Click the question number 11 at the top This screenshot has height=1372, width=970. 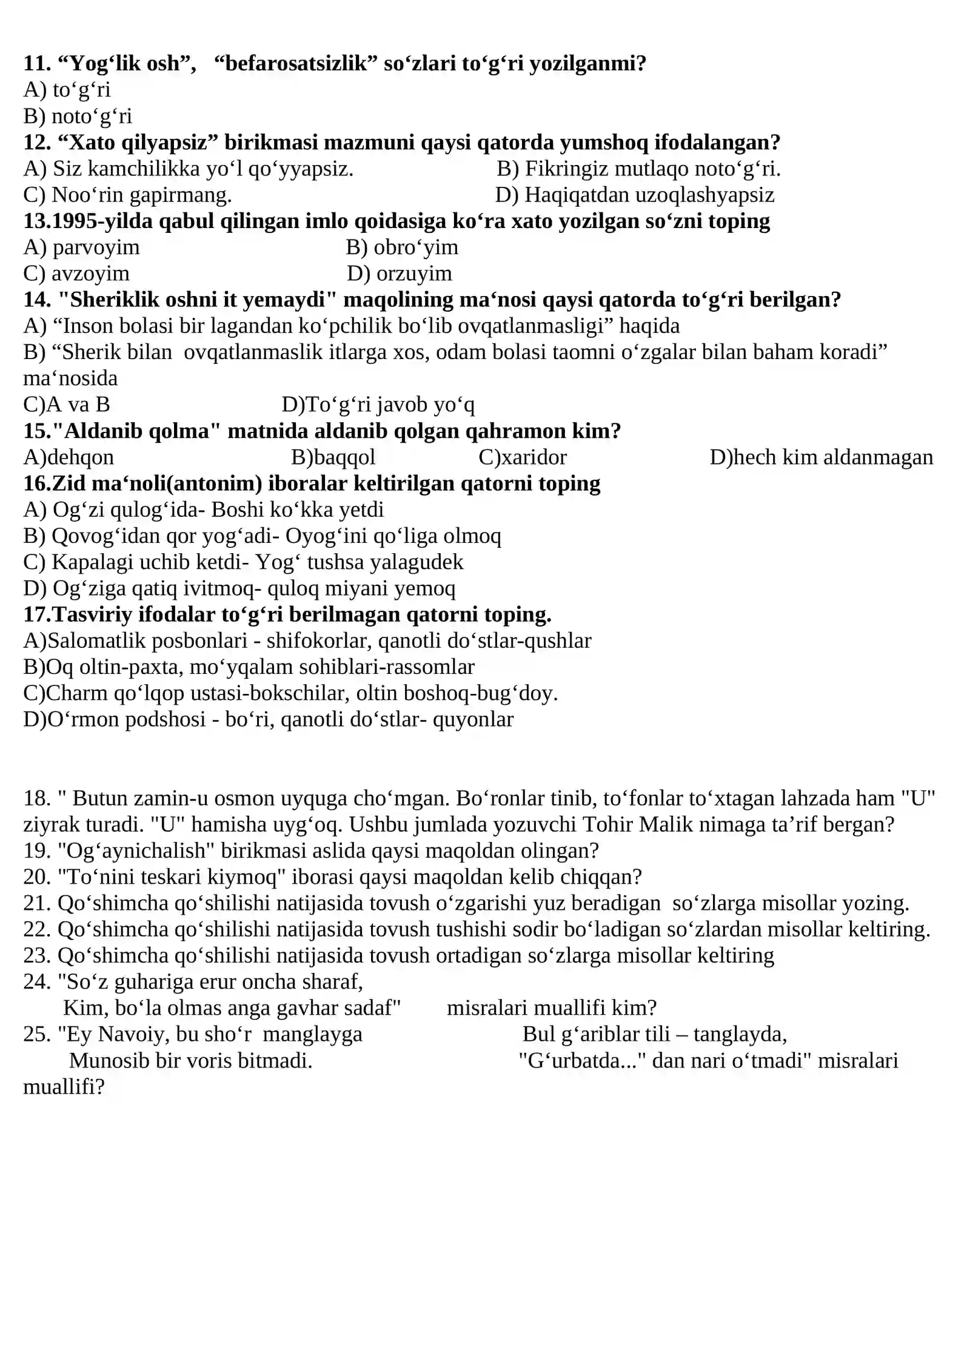point(36,63)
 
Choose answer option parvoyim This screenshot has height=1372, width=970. point(96,247)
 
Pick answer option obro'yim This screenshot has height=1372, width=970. point(415,247)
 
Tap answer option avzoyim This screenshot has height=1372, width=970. point(90,274)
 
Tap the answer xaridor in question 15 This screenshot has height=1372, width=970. point(534,457)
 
